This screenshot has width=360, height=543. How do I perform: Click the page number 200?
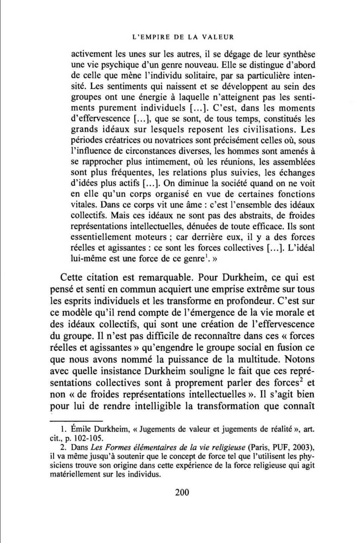[182, 492]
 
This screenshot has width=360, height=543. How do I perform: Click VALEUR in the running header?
[216, 37]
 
